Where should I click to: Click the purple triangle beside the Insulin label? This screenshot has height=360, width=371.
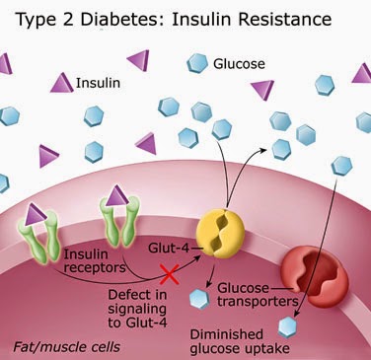tap(61, 84)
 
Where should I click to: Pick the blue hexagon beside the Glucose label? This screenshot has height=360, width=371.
tap(196, 64)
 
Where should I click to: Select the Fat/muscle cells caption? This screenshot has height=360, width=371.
tap(58, 347)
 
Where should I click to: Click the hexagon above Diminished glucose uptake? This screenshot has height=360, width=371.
tap(289, 324)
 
